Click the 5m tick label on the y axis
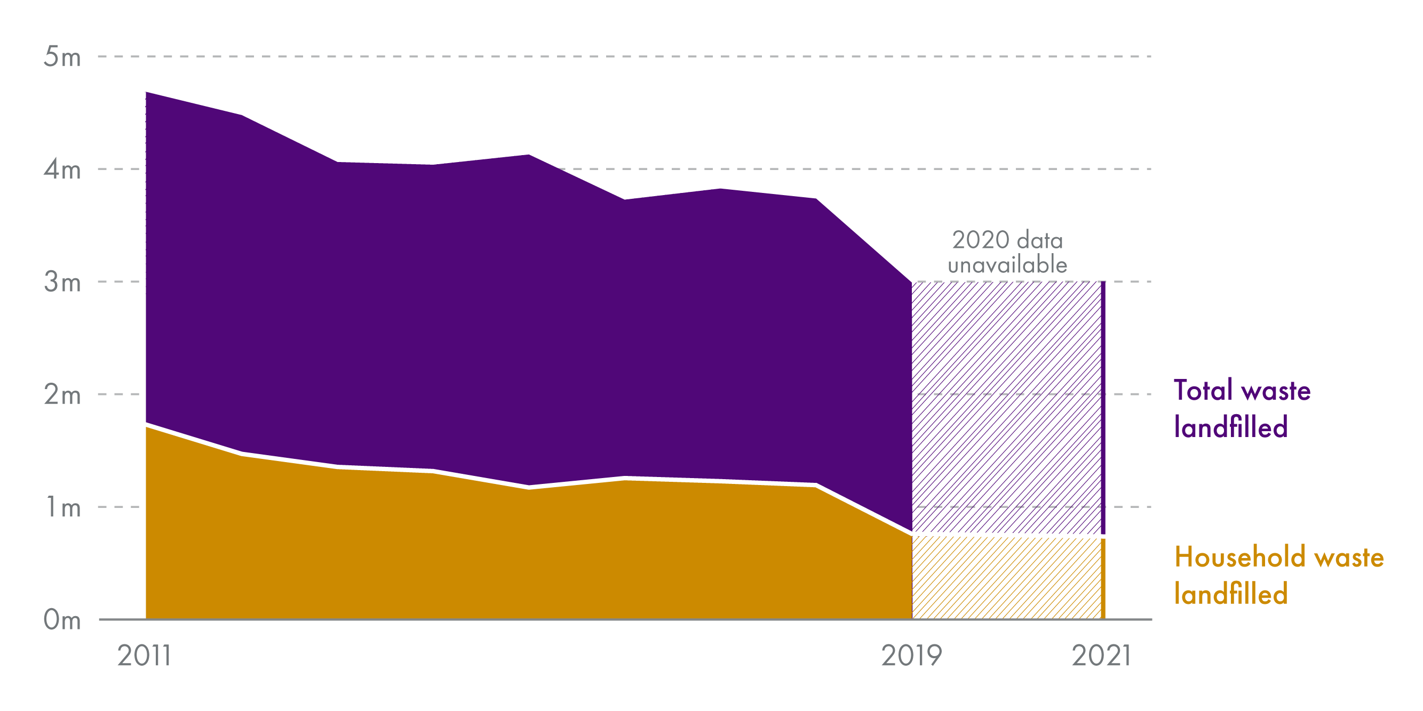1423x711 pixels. [62, 57]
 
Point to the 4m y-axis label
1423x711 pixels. [62, 169]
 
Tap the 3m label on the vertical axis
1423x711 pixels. [62, 282]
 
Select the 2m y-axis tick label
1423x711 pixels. [62, 395]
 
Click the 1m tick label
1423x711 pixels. [62, 507]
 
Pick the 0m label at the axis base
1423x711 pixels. [62, 620]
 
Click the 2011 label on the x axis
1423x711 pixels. [144, 656]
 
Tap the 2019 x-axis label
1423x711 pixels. [911, 656]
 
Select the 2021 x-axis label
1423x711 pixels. [1101, 656]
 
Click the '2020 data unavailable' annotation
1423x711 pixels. [1007, 252]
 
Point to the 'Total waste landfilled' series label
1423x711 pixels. [1242, 408]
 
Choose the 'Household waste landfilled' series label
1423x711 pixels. [1279, 575]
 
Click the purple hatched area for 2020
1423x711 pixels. [1006, 408]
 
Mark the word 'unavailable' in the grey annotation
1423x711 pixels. [1007, 265]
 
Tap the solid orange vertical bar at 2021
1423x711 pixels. [1103, 578]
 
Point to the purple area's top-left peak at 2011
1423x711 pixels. [147, 93]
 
